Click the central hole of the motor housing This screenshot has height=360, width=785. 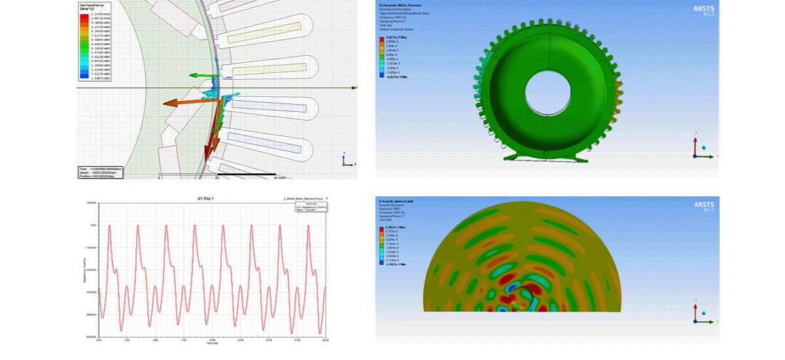pos(547,94)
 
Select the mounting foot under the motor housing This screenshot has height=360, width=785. pos(543,156)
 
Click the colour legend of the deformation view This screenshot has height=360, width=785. pos(392,58)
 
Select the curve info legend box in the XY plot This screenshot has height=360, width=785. pos(311,207)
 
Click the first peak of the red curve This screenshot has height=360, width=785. pos(109,226)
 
